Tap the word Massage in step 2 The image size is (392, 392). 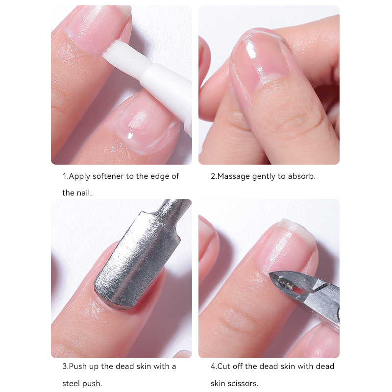[234, 176]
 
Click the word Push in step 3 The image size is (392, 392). [78, 367]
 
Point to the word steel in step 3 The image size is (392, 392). [71, 384]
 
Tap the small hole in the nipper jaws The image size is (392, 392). [297, 290]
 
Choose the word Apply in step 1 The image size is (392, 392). [79, 177]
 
